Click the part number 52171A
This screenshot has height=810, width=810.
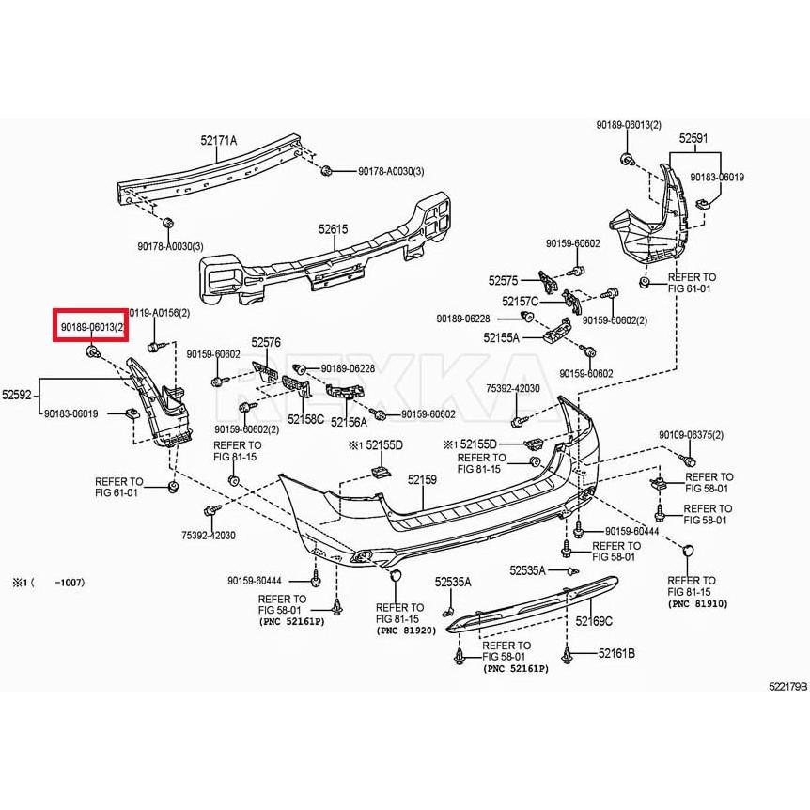pyautogui.click(x=218, y=140)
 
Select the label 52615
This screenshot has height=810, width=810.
pyautogui.click(x=333, y=228)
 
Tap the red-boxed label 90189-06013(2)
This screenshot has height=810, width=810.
pyautogui.click(x=91, y=326)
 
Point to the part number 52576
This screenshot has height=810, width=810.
pyautogui.click(x=266, y=344)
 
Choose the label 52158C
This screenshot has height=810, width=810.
pyautogui.click(x=305, y=419)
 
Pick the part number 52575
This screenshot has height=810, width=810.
pyautogui.click(x=503, y=280)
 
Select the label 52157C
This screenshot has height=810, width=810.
pyautogui.click(x=520, y=302)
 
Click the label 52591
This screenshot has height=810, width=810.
pyautogui.click(x=693, y=138)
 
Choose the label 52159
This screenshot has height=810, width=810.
pyautogui.click(x=422, y=479)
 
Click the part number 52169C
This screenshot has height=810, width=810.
pyautogui.click(x=594, y=621)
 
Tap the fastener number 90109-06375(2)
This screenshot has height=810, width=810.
pyautogui.click(x=691, y=435)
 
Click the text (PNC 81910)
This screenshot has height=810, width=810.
pyautogui.click(x=698, y=603)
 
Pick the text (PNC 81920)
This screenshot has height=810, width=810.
pyautogui.click(x=406, y=631)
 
